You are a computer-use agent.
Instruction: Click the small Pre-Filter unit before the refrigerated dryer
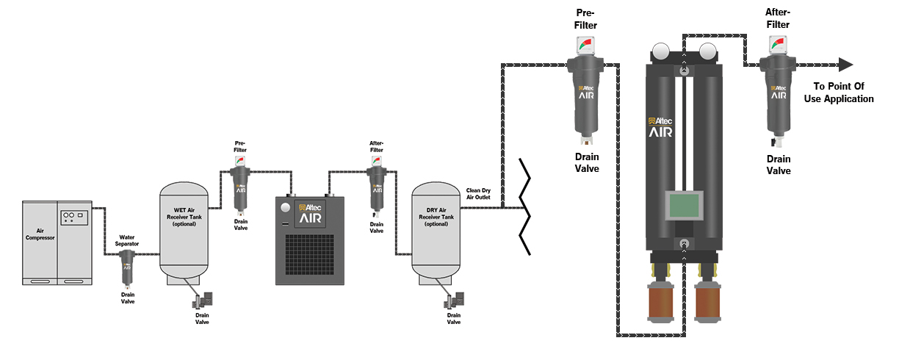click(240, 187)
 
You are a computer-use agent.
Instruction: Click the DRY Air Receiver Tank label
click(438, 217)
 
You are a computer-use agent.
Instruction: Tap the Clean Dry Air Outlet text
click(478, 195)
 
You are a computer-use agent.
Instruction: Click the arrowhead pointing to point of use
click(845, 65)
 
